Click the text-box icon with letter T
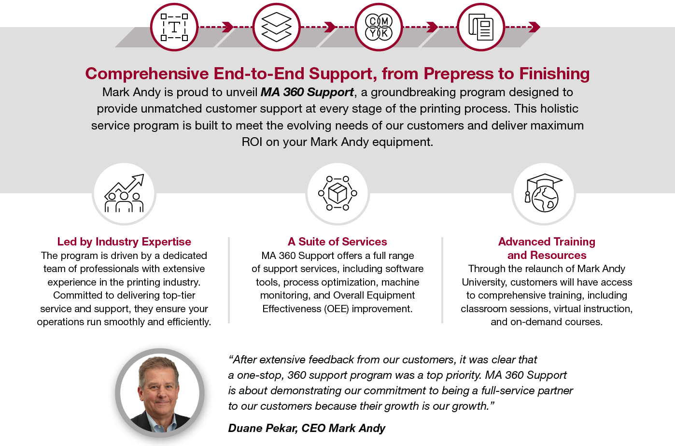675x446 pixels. point(174,27)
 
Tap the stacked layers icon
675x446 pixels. point(276,27)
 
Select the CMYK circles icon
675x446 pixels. point(379,27)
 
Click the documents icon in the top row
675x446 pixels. point(481,27)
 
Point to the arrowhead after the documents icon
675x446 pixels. point(535,27)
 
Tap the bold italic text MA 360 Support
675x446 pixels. point(307,92)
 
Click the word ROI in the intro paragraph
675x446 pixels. point(252,142)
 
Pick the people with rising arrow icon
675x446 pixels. point(124,193)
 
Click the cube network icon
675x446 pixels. point(337,193)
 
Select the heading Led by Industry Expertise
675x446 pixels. point(124,242)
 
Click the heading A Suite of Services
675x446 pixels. point(337,242)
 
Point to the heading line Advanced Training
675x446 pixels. point(547,242)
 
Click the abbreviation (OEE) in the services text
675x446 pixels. point(337,309)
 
